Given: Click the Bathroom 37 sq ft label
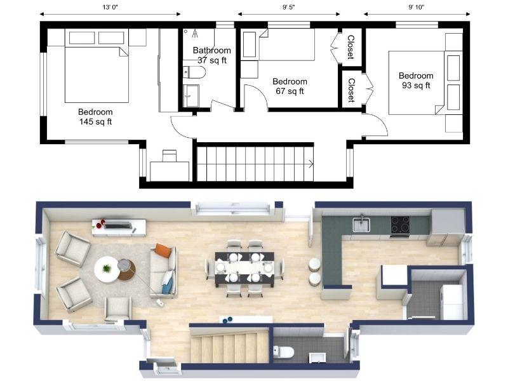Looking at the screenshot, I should click(x=211, y=55).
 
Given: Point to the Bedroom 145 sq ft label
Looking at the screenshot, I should click(x=95, y=117).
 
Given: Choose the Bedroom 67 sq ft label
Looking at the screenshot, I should click(x=290, y=86).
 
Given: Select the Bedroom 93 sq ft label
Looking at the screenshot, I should click(x=416, y=81).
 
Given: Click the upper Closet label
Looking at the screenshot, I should click(x=351, y=47).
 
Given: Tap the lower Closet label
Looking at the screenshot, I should click(x=351, y=90).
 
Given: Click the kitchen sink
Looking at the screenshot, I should click(x=361, y=224).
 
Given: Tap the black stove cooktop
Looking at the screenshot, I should click(x=399, y=224).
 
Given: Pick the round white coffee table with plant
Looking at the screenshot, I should click(x=107, y=269).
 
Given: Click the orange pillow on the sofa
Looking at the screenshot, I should click(x=163, y=250).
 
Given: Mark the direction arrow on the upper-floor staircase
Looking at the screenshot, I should click(x=310, y=164).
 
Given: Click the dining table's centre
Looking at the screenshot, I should click(x=244, y=267).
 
